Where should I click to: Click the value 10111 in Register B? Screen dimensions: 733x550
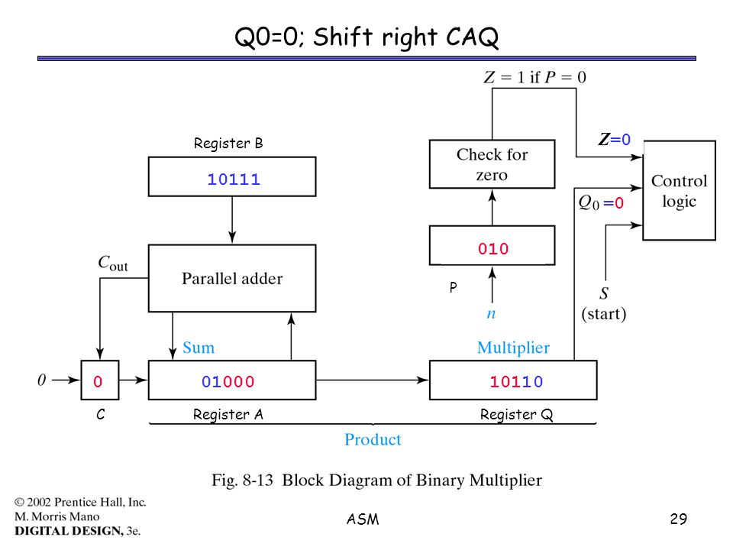(234, 179)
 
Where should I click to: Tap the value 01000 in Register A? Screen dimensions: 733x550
(228, 382)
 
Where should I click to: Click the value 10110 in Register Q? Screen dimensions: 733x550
(516, 382)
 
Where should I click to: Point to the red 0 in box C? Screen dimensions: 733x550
(98, 382)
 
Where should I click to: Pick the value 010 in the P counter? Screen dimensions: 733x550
(492, 249)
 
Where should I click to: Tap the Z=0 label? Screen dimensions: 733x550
(614, 139)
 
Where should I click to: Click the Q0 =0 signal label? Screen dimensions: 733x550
(601, 202)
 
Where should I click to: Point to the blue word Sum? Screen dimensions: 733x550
(199, 348)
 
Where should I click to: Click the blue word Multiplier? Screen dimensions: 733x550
(513, 348)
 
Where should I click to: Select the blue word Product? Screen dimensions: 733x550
(373, 439)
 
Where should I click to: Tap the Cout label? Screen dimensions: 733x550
(113, 264)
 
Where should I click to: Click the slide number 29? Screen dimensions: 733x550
(678, 519)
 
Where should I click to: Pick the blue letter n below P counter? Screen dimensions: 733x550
(491, 313)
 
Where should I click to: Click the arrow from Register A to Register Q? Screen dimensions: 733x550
(372, 380)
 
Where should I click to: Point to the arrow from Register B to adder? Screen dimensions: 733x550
(232, 220)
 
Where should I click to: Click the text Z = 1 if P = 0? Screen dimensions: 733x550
(534, 76)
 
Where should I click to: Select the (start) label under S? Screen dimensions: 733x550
(603, 313)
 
